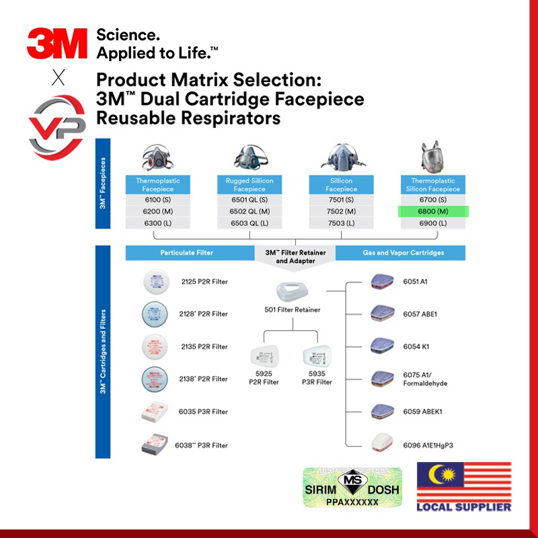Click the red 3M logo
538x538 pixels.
tap(57, 44)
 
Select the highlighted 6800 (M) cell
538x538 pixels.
tap(432, 211)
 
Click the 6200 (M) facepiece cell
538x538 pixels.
tap(158, 211)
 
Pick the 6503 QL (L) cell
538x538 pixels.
tap(249, 223)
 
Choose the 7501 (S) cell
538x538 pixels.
tap(341, 200)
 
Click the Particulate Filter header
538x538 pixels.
tap(186, 253)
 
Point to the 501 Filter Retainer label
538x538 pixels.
tap(293, 309)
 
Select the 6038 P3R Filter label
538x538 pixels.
tap(202, 445)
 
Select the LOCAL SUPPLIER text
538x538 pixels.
tap(464, 507)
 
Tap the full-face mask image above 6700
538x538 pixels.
tap(432, 157)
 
